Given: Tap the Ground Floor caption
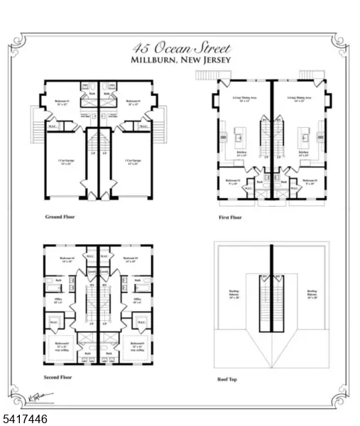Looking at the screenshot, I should point(60,216).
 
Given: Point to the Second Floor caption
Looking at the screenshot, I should point(59,378).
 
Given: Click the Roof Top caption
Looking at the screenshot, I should point(227,379).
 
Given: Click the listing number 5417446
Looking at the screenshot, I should point(24,420).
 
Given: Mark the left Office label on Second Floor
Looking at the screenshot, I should point(58,301).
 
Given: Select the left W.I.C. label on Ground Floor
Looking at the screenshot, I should point(53,127).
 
